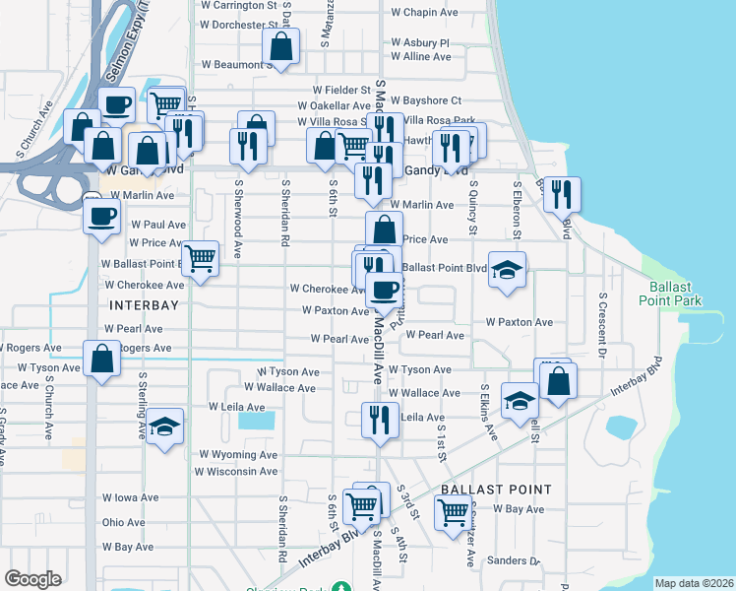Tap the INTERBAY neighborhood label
(144, 305)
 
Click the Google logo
(32, 579)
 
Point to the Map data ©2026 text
(694, 583)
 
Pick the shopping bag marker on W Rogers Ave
(101, 360)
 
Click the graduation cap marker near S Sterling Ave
(165, 427)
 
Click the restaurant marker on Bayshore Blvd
(562, 194)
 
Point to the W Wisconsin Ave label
(238, 472)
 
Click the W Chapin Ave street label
(425, 14)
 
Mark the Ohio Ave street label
(124, 523)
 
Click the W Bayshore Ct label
(426, 100)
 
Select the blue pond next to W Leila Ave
(257, 421)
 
